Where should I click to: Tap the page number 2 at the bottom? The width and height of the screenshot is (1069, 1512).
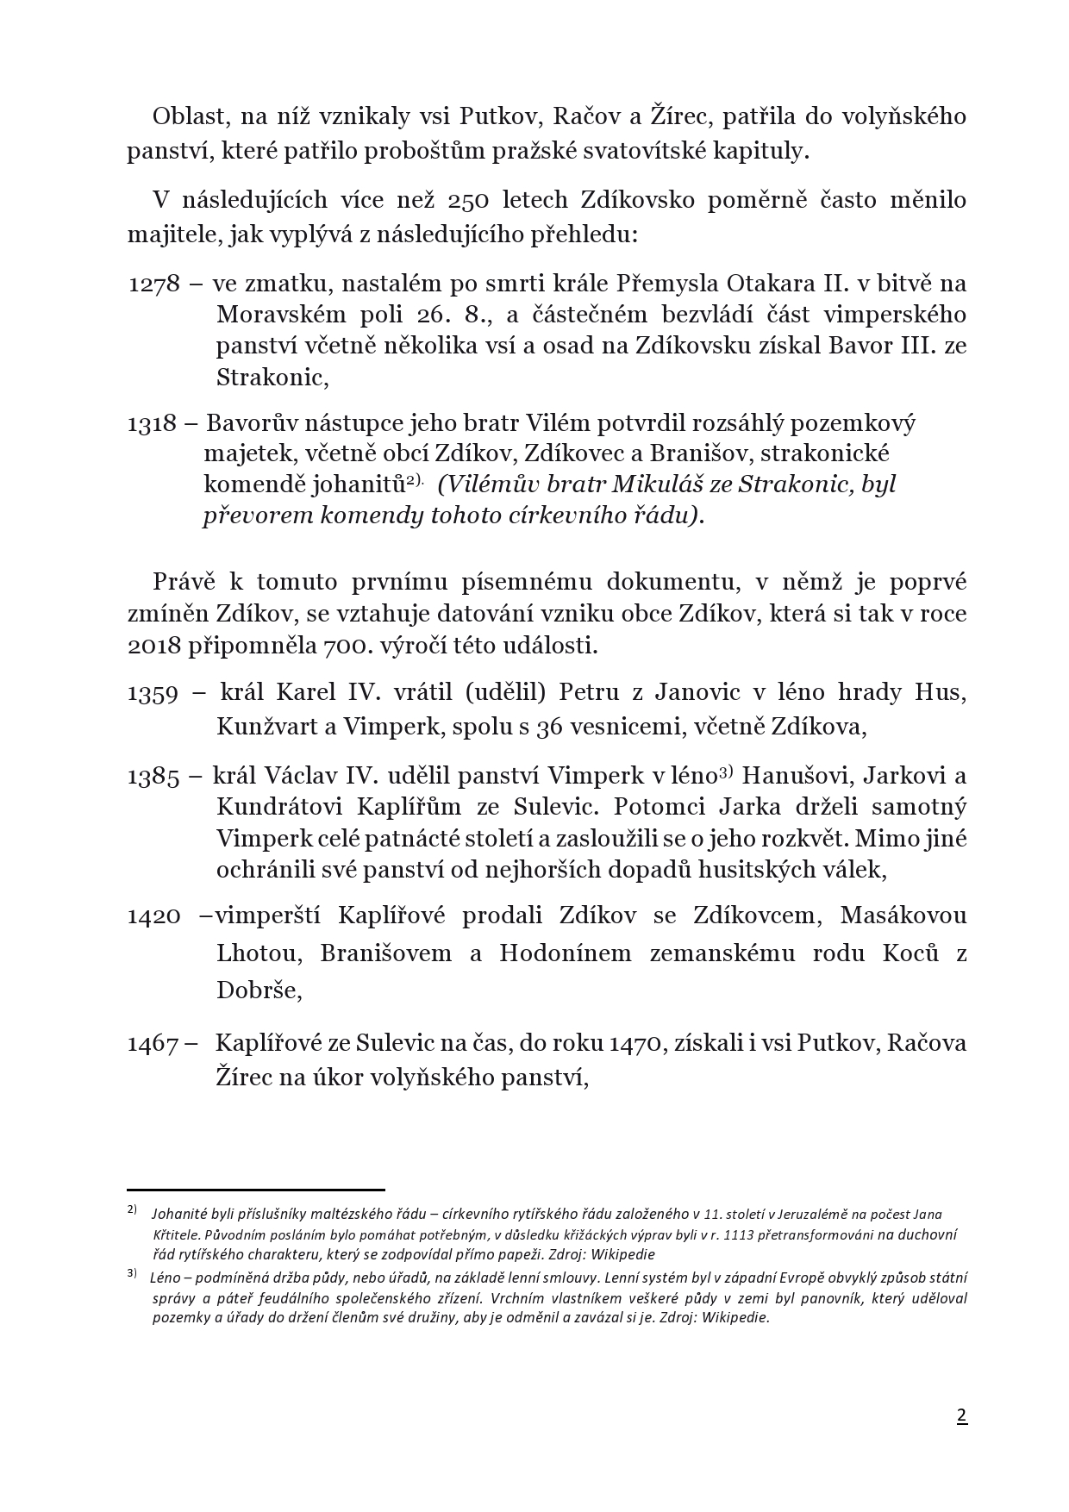[x=961, y=1415]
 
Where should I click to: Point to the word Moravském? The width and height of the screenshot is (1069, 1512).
[x=271, y=315]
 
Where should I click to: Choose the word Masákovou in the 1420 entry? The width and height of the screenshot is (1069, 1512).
[x=903, y=915]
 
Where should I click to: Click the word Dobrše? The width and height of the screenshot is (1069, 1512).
[x=259, y=991]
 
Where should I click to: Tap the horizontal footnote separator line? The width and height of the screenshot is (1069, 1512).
[x=255, y=1190]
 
